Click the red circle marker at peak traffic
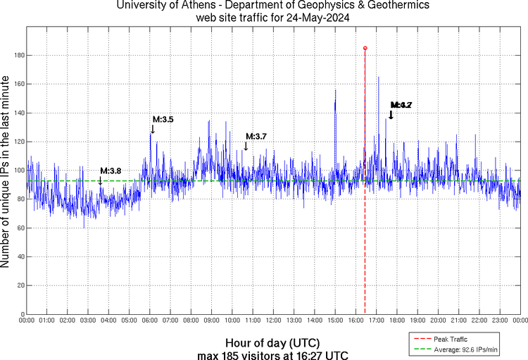[365, 48]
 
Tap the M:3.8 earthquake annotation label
[111, 170]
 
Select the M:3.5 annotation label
[163, 120]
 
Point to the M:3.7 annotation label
[256, 136]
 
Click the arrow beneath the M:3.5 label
[153, 129]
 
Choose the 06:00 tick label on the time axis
[150, 321]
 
